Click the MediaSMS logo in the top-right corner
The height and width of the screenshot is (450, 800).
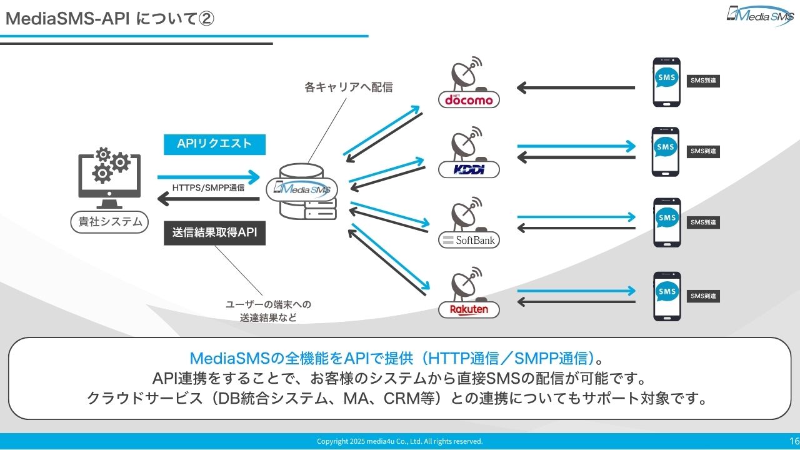tap(759, 15)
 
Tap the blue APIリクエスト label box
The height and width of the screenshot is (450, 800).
tap(214, 144)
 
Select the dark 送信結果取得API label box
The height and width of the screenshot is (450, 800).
tap(214, 233)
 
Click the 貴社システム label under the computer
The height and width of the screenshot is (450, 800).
tap(109, 221)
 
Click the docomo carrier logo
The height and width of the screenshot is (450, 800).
tap(469, 99)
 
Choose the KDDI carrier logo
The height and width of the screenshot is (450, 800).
tap(469, 169)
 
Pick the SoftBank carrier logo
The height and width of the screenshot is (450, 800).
tap(469, 240)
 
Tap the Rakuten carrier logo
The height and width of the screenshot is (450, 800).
tap(469, 309)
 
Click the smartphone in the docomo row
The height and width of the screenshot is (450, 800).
tap(666, 82)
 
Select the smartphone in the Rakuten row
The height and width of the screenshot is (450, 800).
tap(666, 296)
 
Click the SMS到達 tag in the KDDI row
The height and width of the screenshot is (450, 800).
tap(703, 151)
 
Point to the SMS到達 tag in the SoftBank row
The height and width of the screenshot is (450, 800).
tap(703, 222)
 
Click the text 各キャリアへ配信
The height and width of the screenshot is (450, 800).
tap(348, 87)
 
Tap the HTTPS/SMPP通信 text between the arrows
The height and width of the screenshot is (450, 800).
tap(208, 187)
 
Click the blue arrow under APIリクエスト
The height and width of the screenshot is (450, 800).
tap(208, 176)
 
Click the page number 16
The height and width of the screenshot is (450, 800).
tap(794, 441)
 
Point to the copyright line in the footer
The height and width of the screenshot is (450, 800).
tap(400, 441)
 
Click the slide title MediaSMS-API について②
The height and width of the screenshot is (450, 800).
tap(110, 19)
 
